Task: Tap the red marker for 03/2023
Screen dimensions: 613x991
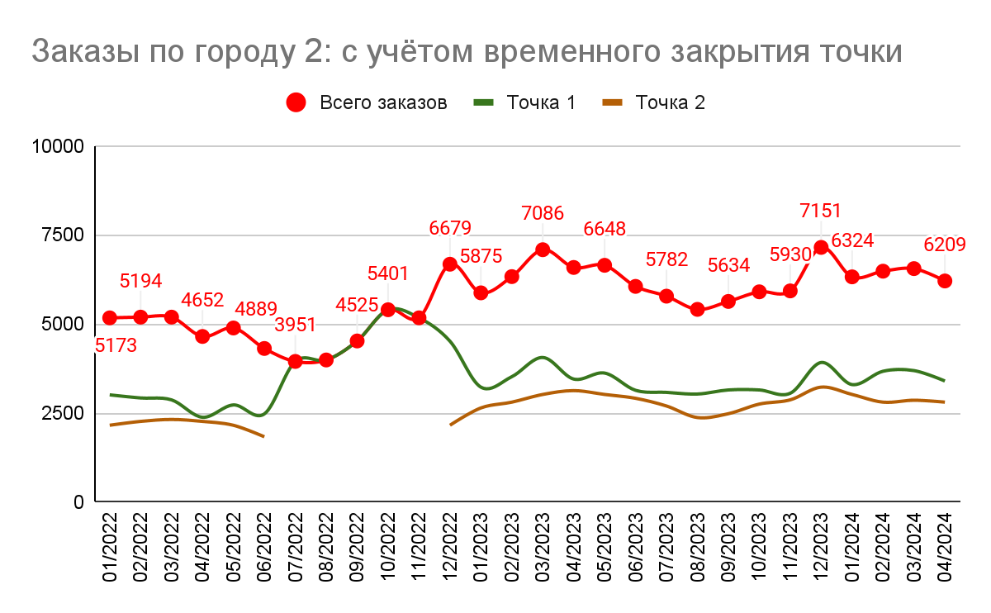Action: point(543,249)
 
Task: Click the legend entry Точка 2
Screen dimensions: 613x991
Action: point(671,102)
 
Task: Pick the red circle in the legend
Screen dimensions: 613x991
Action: point(296,102)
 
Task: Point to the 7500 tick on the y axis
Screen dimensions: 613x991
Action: point(63,235)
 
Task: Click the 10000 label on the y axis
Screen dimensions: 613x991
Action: point(58,147)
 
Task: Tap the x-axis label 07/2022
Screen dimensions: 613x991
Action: point(296,548)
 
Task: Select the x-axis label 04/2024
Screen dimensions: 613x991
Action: point(945,548)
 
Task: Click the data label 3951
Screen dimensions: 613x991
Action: point(295,324)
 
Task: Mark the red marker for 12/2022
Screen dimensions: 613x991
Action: point(450,264)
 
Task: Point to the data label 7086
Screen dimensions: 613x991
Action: point(543,213)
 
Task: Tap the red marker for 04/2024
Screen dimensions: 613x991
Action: point(945,281)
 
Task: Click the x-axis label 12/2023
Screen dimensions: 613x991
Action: point(821,548)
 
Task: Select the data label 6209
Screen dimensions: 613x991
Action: point(945,245)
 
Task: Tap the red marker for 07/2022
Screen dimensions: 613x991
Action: point(295,361)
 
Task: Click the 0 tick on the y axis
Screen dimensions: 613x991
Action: point(79,502)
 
